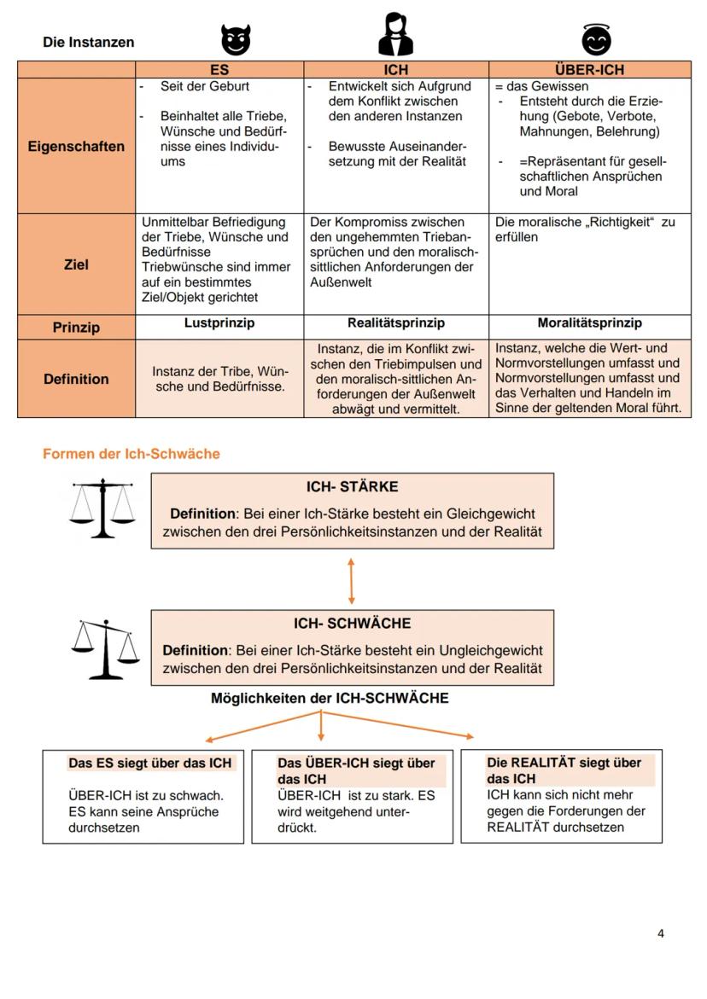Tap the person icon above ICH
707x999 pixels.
click(x=395, y=35)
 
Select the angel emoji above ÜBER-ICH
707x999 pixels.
click(x=597, y=39)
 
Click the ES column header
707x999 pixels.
click(x=219, y=70)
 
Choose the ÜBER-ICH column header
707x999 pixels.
click(x=589, y=70)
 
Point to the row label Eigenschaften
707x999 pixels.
click(x=76, y=146)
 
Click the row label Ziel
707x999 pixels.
click(x=76, y=264)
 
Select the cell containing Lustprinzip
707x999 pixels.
click(x=219, y=323)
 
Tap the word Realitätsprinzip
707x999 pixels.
click(x=395, y=323)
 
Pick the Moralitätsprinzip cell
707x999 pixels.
click(x=589, y=323)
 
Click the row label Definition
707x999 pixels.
click(x=76, y=379)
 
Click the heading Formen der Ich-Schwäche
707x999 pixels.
click(x=131, y=454)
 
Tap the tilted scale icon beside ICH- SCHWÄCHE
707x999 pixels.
click(x=104, y=648)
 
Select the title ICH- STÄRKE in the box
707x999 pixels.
click(x=352, y=487)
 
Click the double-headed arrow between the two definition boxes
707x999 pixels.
click(x=352, y=581)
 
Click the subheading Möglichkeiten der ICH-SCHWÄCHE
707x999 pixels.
click(x=330, y=698)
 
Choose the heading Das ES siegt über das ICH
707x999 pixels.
click(x=149, y=763)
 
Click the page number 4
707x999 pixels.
click(x=660, y=933)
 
